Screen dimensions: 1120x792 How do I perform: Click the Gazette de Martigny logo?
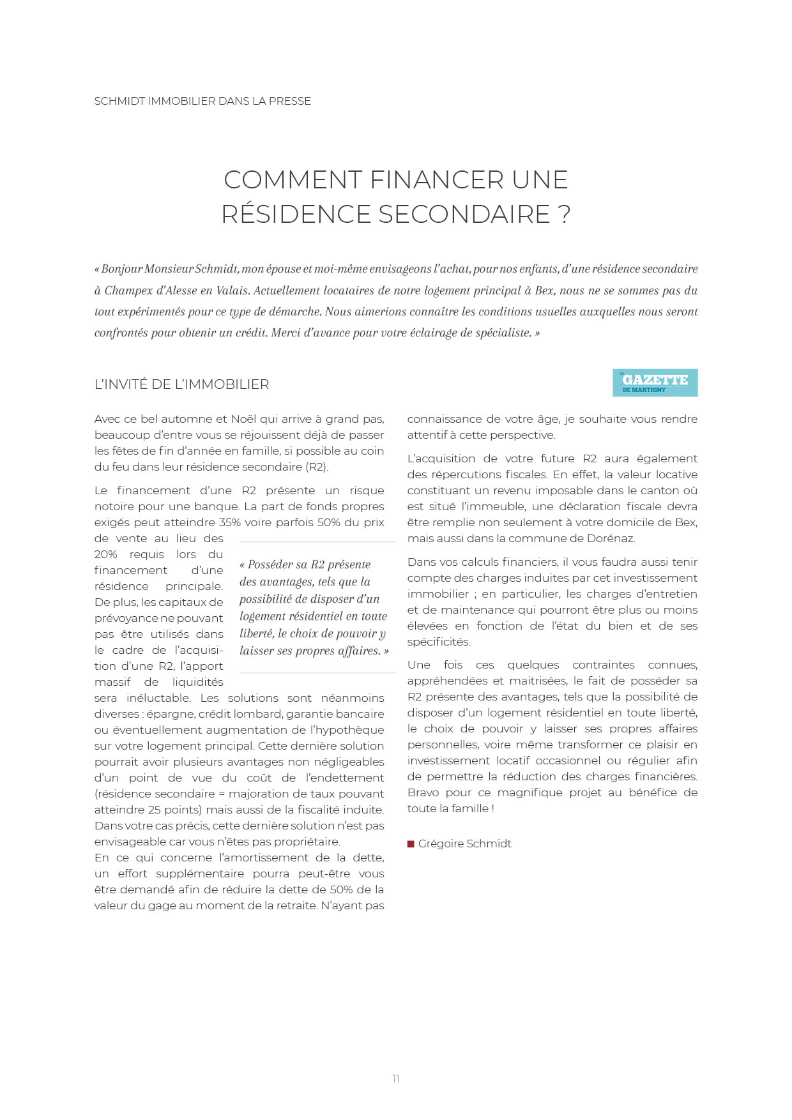pyautogui.click(x=655, y=382)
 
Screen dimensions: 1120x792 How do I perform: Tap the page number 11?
pyautogui.click(x=396, y=1078)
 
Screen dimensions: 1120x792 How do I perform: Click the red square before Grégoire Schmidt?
pyautogui.click(x=411, y=844)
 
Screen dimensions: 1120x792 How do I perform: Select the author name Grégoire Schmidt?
pyautogui.click(x=465, y=844)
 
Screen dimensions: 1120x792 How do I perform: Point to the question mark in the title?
pyautogui.click(x=564, y=215)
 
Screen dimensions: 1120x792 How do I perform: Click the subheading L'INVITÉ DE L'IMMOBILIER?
pyautogui.click(x=181, y=384)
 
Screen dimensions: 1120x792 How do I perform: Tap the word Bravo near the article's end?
pyautogui.click(x=423, y=792)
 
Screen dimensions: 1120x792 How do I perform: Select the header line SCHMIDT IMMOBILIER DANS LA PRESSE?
pyautogui.click(x=202, y=101)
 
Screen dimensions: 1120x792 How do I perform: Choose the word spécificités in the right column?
pyautogui.click(x=438, y=642)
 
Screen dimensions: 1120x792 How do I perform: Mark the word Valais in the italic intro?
pyautogui.click(x=232, y=291)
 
